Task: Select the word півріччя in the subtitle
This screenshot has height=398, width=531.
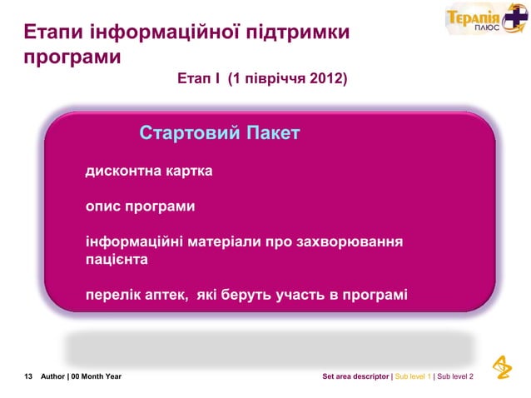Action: (271, 80)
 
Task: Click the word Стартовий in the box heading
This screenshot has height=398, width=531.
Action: (190, 133)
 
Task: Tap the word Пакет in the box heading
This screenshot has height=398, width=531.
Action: (272, 133)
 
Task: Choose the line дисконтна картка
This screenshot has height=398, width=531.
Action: (149, 172)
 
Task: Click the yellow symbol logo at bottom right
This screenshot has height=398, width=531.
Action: (503, 367)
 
